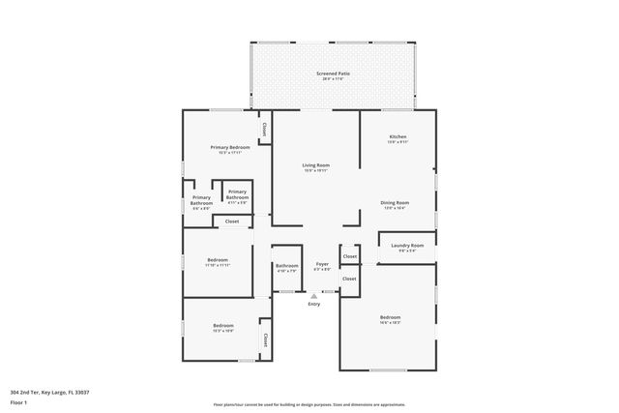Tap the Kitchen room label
pos(398,138)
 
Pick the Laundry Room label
pos(407,247)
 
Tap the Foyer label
pos(322,265)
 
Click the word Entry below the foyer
pos(313,305)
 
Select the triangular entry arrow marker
pos(313,296)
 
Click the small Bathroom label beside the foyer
pos(286,267)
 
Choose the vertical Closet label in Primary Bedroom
pos(263,127)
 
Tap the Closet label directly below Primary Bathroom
pos(232,221)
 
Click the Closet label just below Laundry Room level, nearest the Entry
pos(349,279)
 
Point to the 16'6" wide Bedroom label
pos(390,319)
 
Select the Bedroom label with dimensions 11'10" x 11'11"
pos(218,261)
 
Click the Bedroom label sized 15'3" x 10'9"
pos(223,327)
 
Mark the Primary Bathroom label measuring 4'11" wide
pos(237,196)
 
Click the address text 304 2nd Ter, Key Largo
pos(49,392)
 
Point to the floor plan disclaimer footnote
pos(309,404)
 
